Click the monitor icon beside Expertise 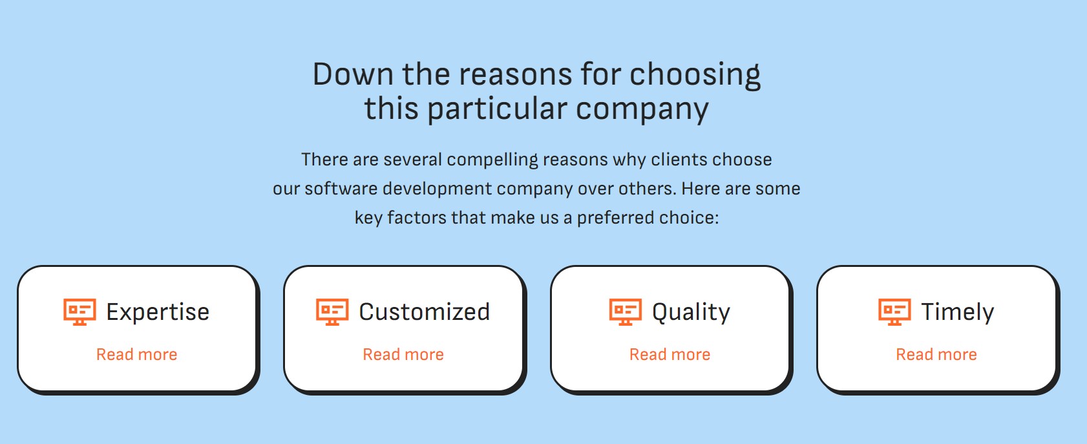[x=79, y=312]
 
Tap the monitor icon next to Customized [x=332, y=312]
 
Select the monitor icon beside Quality [x=626, y=312]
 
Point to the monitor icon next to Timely [x=894, y=312]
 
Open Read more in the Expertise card [x=137, y=354]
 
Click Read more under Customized [x=403, y=354]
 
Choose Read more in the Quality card [x=670, y=354]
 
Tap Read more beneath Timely [x=936, y=354]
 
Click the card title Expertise [x=158, y=312]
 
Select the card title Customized [x=424, y=312]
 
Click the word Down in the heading [x=353, y=74]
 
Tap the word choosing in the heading [x=695, y=76]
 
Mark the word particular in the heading [x=497, y=109]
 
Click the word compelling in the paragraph [x=492, y=160]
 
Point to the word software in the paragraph [x=341, y=188]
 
